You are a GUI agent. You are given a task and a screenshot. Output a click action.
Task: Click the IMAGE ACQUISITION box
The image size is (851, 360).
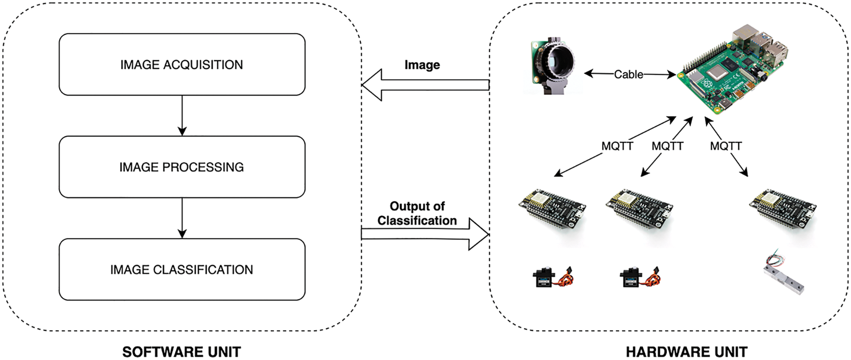(x=182, y=65)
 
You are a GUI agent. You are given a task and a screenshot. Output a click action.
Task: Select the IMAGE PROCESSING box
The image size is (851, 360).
(x=182, y=167)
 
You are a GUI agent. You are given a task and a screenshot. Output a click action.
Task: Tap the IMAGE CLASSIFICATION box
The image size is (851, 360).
(x=182, y=269)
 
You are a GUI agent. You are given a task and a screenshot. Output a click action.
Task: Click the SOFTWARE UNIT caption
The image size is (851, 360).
(x=182, y=351)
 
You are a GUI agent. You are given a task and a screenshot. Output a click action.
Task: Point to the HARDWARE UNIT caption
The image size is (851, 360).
(x=686, y=351)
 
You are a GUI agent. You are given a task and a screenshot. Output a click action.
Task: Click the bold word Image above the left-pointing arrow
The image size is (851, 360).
(x=422, y=65)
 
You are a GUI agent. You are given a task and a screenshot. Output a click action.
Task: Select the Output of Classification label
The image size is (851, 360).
(x=417, y=213)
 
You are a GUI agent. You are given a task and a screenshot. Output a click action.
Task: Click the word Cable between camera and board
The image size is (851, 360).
(x=628, y=74)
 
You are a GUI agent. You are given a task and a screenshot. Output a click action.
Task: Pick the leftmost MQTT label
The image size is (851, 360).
(x=617, y=146)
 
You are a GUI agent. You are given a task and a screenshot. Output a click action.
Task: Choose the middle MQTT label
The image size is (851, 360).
(x=667, y=146)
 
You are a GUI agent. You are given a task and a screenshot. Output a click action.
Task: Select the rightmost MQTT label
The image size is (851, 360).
(x=726, y=146)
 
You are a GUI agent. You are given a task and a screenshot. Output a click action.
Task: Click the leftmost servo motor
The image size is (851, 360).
(x=552, y=278)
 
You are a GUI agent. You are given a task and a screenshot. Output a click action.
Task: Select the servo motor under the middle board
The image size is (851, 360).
(x=640, y=278)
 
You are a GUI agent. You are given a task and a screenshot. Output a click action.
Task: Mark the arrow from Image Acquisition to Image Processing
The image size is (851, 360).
(x=182, y=115)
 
